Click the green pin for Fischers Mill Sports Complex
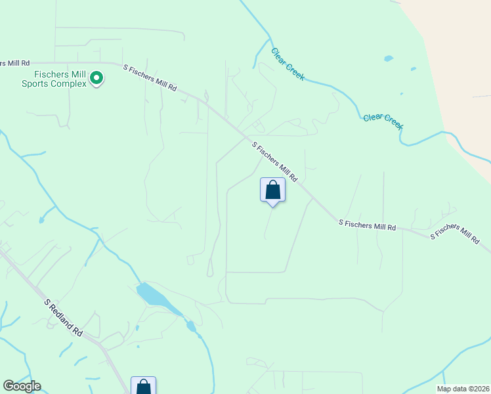point(96,79)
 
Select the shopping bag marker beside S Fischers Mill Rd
point(273,190)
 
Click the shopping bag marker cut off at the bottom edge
point(143,386)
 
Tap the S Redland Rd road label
point(64,318)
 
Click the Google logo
point(22,386)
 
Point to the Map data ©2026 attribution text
point(463,389)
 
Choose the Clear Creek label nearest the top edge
point(288,64)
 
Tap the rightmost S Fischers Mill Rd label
point(454,234)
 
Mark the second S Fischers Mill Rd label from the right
point(367,224)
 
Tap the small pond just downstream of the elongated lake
point(190,325)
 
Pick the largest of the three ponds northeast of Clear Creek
point(389,58)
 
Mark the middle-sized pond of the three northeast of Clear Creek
point(413,68)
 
